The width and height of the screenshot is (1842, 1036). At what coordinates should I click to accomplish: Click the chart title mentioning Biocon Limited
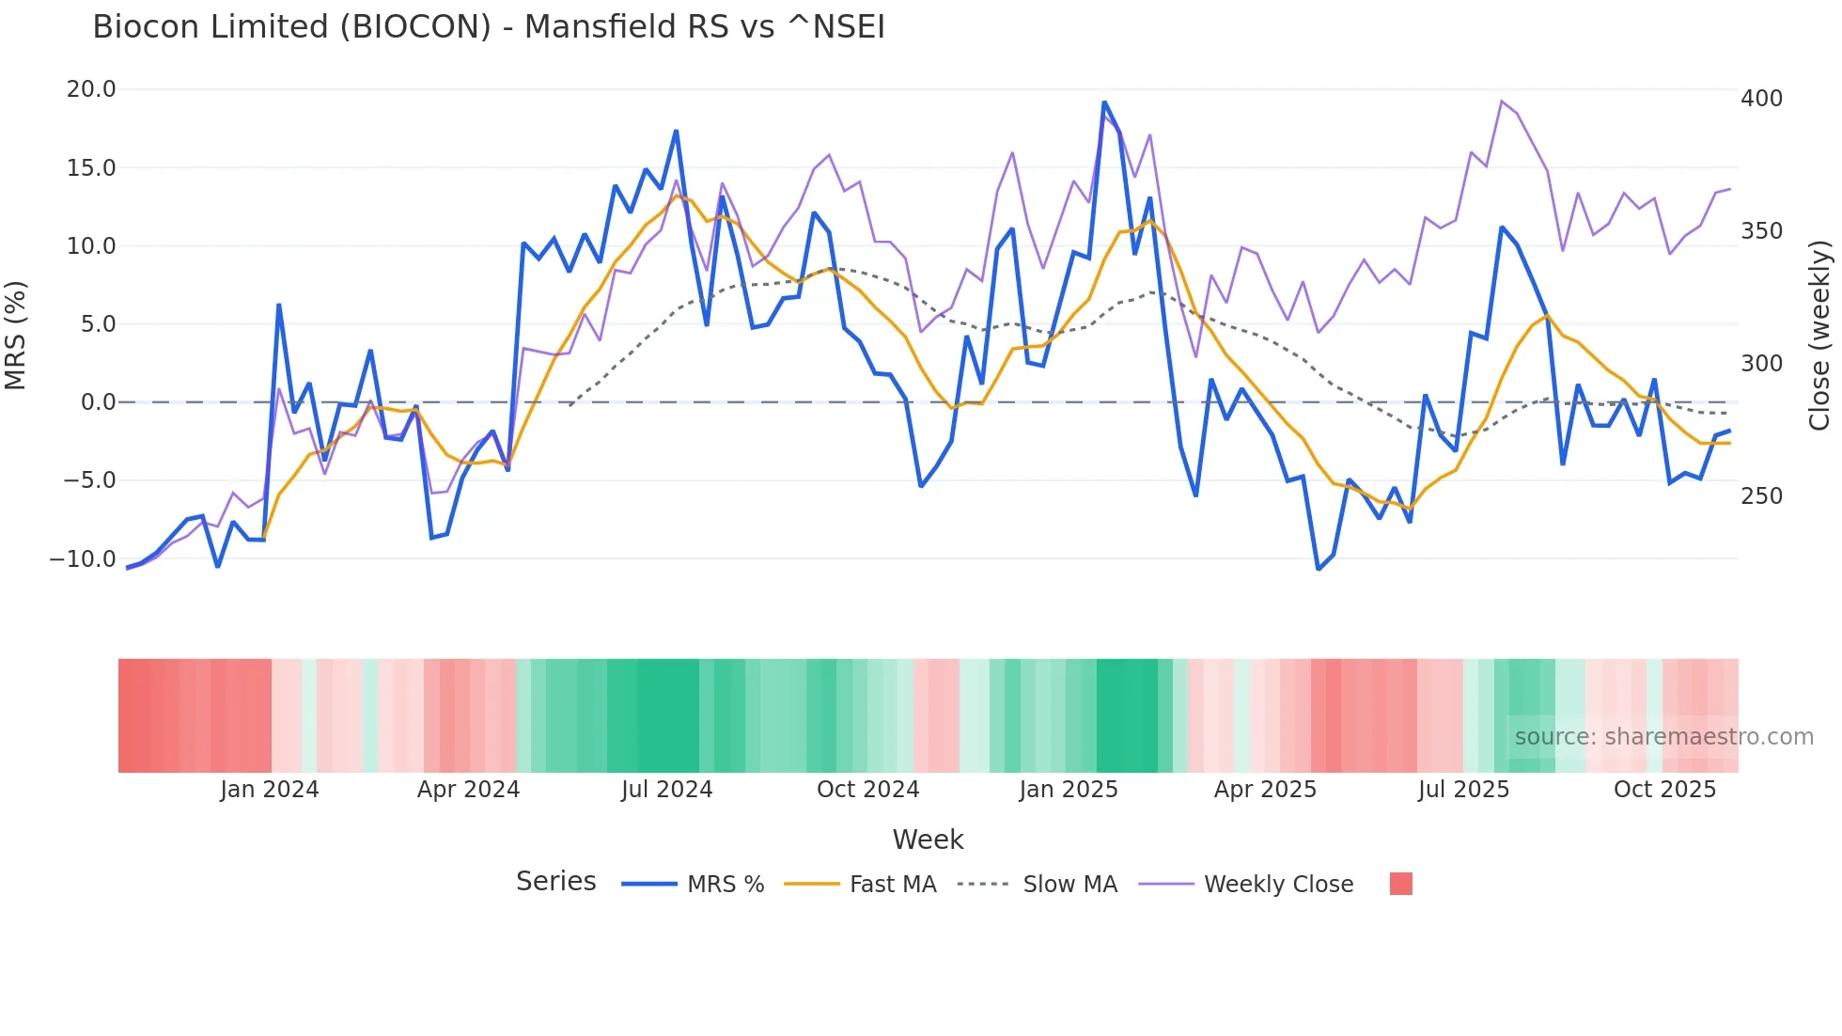(x=489, y=27)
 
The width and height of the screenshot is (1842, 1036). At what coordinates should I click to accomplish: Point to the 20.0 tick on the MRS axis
(x=91, y=89)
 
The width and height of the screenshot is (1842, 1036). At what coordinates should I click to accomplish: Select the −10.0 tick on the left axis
(x=83, y=558)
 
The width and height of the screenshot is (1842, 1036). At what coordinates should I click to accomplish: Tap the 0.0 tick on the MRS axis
(x=99, y=402)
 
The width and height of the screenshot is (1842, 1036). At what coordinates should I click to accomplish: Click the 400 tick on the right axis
(x=1761, y=99)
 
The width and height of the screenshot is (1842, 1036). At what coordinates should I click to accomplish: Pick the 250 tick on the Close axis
(x=1761, y=496)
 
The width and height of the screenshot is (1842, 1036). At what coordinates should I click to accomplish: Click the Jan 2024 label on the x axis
(x=270, y=790)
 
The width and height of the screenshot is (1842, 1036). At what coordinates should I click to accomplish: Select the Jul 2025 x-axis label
(x=1463, y=790)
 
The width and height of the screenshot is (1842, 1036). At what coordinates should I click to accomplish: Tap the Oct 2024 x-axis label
(x=867, y=790)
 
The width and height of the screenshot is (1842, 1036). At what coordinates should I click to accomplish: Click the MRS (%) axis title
(x=16, y=335)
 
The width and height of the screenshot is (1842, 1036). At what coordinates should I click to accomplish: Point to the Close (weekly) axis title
(x=1819, y=336)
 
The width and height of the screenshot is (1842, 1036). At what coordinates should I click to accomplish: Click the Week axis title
(x=928, y=840)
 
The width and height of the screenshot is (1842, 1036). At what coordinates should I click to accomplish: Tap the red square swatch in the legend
(x=1400, y=884)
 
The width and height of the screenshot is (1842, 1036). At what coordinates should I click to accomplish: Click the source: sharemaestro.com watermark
(x=1663, y=737)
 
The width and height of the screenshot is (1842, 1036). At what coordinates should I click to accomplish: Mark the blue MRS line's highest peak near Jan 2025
(x=1104, y=102)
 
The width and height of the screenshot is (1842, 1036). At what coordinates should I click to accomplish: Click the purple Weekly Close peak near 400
(x=1502, y=101)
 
